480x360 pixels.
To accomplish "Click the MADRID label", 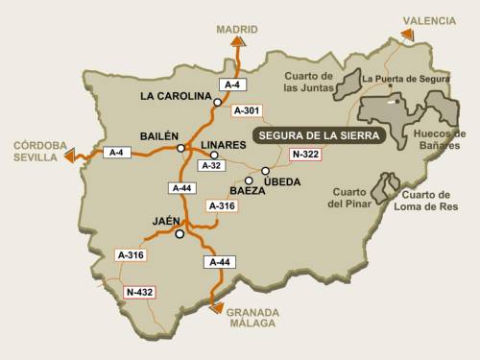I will [237, 29].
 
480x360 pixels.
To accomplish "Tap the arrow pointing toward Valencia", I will [407, 36].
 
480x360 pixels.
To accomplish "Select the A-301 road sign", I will [248, 110].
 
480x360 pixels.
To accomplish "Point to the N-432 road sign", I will [140, 291].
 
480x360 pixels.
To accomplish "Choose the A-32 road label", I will [210, 166].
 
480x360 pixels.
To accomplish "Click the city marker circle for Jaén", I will [180, 233].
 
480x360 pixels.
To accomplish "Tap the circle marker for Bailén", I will [180, 148].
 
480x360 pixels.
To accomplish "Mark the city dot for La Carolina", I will [219, 101].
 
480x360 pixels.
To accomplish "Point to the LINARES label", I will [224, 144].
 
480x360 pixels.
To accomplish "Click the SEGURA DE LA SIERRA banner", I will [319, 135].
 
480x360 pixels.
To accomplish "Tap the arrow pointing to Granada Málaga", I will [218, 308].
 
